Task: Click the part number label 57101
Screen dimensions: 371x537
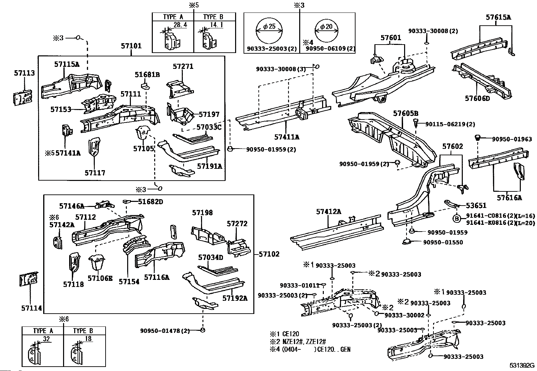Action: [x=131, y=46]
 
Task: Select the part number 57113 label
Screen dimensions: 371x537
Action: [x=24, y=73]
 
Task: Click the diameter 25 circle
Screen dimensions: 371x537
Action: [x=269, y=30]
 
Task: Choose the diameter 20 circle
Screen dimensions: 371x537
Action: [x=327, y=30]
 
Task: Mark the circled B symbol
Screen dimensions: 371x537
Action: [x=457, y=218]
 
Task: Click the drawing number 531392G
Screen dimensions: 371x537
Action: [x=522, y=365]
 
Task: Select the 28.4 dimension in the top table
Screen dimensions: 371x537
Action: [x=180, y=25]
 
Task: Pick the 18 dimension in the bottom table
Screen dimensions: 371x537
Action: [x=89, y=339]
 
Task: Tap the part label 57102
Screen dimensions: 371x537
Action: [x=269, y=254]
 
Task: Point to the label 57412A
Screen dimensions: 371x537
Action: [x=329, y=212]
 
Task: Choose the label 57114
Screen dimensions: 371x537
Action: [x=31, y=308]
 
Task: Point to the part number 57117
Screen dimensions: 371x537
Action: [x=95, y=173]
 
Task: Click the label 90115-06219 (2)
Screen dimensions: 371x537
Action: [x=450, y=124]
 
